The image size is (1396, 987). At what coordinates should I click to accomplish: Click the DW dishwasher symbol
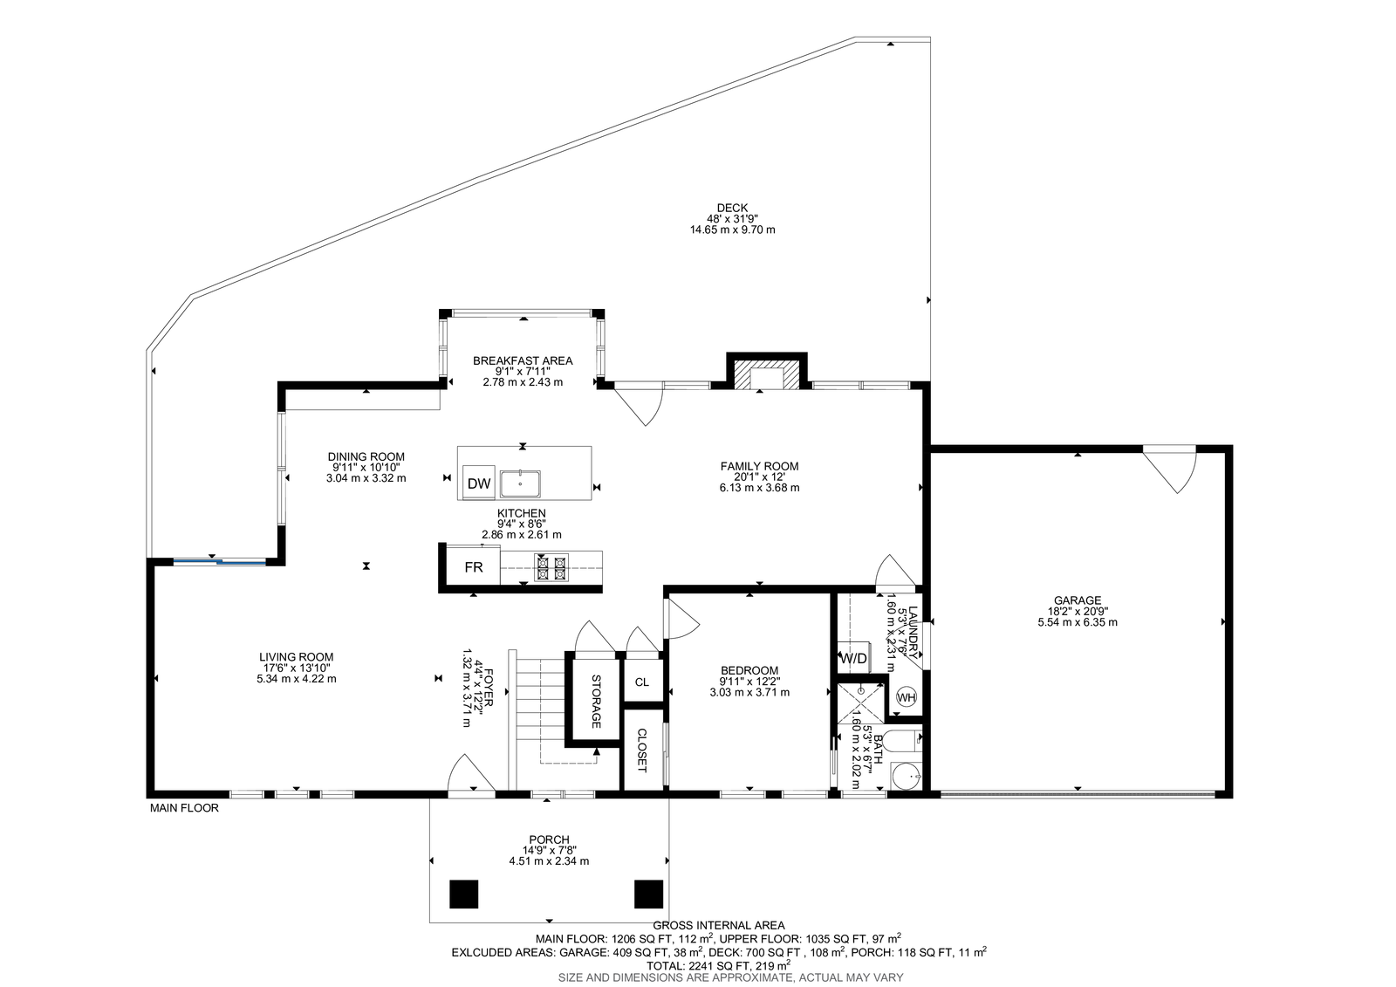[479, 483]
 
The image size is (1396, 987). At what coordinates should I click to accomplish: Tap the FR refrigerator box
[474, 566]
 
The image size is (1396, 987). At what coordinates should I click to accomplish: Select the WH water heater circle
[907, 697]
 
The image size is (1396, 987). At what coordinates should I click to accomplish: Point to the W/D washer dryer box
[854, 658]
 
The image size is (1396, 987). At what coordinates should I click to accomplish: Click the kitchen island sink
[520, 483]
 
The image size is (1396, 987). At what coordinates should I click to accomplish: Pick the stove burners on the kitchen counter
[551, 567]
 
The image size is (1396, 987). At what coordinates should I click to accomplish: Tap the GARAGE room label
[1078, 600]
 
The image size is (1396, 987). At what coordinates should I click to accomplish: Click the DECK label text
[732, 208]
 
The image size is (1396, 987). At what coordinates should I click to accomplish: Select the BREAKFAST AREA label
[523, 360]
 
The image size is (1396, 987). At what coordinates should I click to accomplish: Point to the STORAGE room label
[597, 702]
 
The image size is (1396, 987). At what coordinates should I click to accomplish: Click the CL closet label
[642, 682]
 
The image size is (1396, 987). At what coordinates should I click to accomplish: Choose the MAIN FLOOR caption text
[184, 807]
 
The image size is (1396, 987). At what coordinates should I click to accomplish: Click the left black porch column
[463, 894]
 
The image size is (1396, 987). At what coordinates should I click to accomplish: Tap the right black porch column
[649, 894]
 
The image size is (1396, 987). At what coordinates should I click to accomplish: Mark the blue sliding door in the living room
[219, 562]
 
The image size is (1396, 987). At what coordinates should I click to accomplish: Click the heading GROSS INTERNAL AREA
[719, 925]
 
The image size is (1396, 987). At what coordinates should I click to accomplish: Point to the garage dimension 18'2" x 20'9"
[1078, 612]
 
